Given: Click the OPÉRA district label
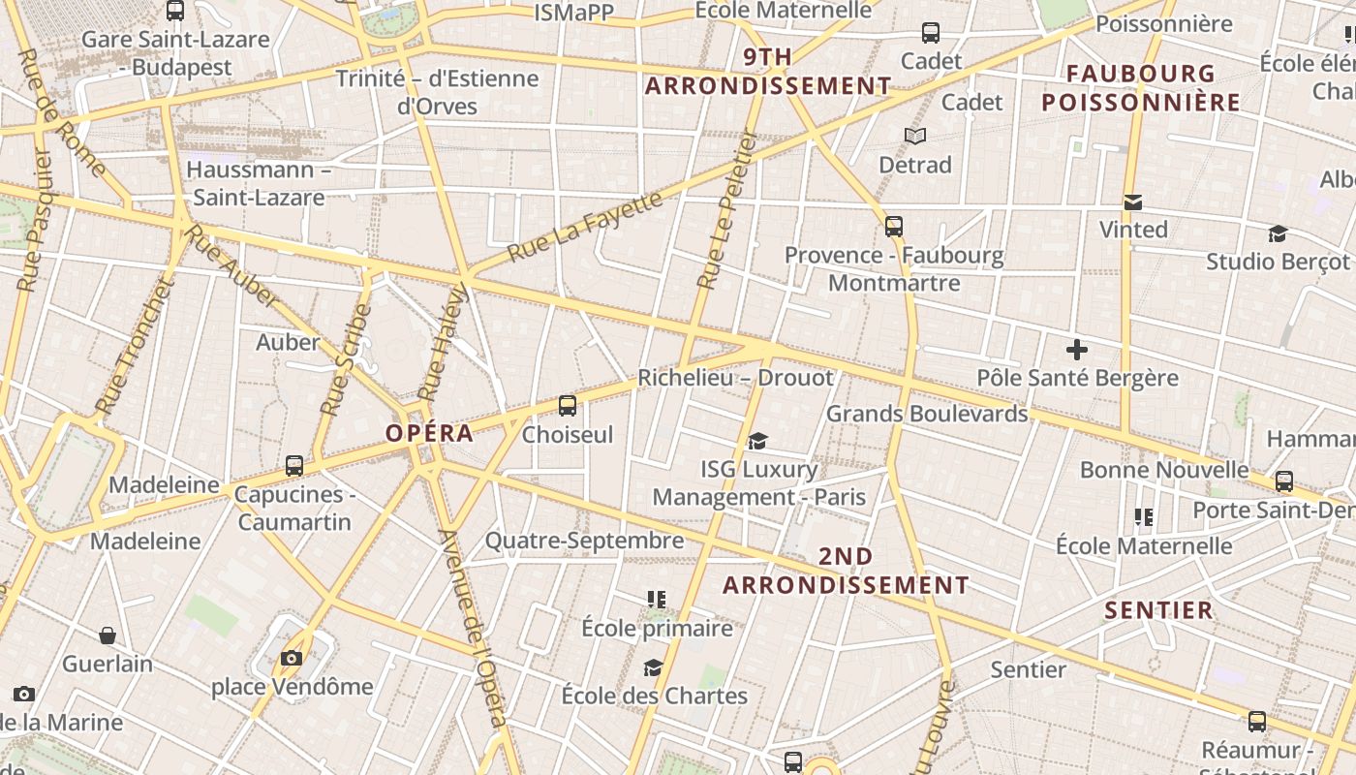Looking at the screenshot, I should [x=430, y=433].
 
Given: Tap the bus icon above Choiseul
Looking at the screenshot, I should [x=568, y=406].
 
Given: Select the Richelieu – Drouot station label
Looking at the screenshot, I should [x=735, y=378].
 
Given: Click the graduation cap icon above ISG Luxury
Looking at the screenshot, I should [x=757, y=442].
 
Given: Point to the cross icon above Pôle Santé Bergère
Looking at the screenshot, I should [x=1076, y=350].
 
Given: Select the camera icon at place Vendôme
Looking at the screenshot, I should [x=292, y=659].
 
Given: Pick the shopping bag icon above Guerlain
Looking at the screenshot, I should [x=108, y=635].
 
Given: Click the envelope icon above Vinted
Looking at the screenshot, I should [x=1132, y=202].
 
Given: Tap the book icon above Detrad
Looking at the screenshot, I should [x=914, y=137].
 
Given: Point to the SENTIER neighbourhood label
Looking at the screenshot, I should [x=1158, y=610].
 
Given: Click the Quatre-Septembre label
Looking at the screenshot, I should [x=584, y=541].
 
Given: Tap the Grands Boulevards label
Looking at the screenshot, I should [x=926, y=415].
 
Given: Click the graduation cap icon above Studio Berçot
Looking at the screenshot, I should [x=1278, y=233].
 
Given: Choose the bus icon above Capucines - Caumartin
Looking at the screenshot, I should [x=294, y=466].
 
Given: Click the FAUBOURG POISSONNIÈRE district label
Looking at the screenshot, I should [x=1141, y=88].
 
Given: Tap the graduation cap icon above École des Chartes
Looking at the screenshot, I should [x=654, y=668].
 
